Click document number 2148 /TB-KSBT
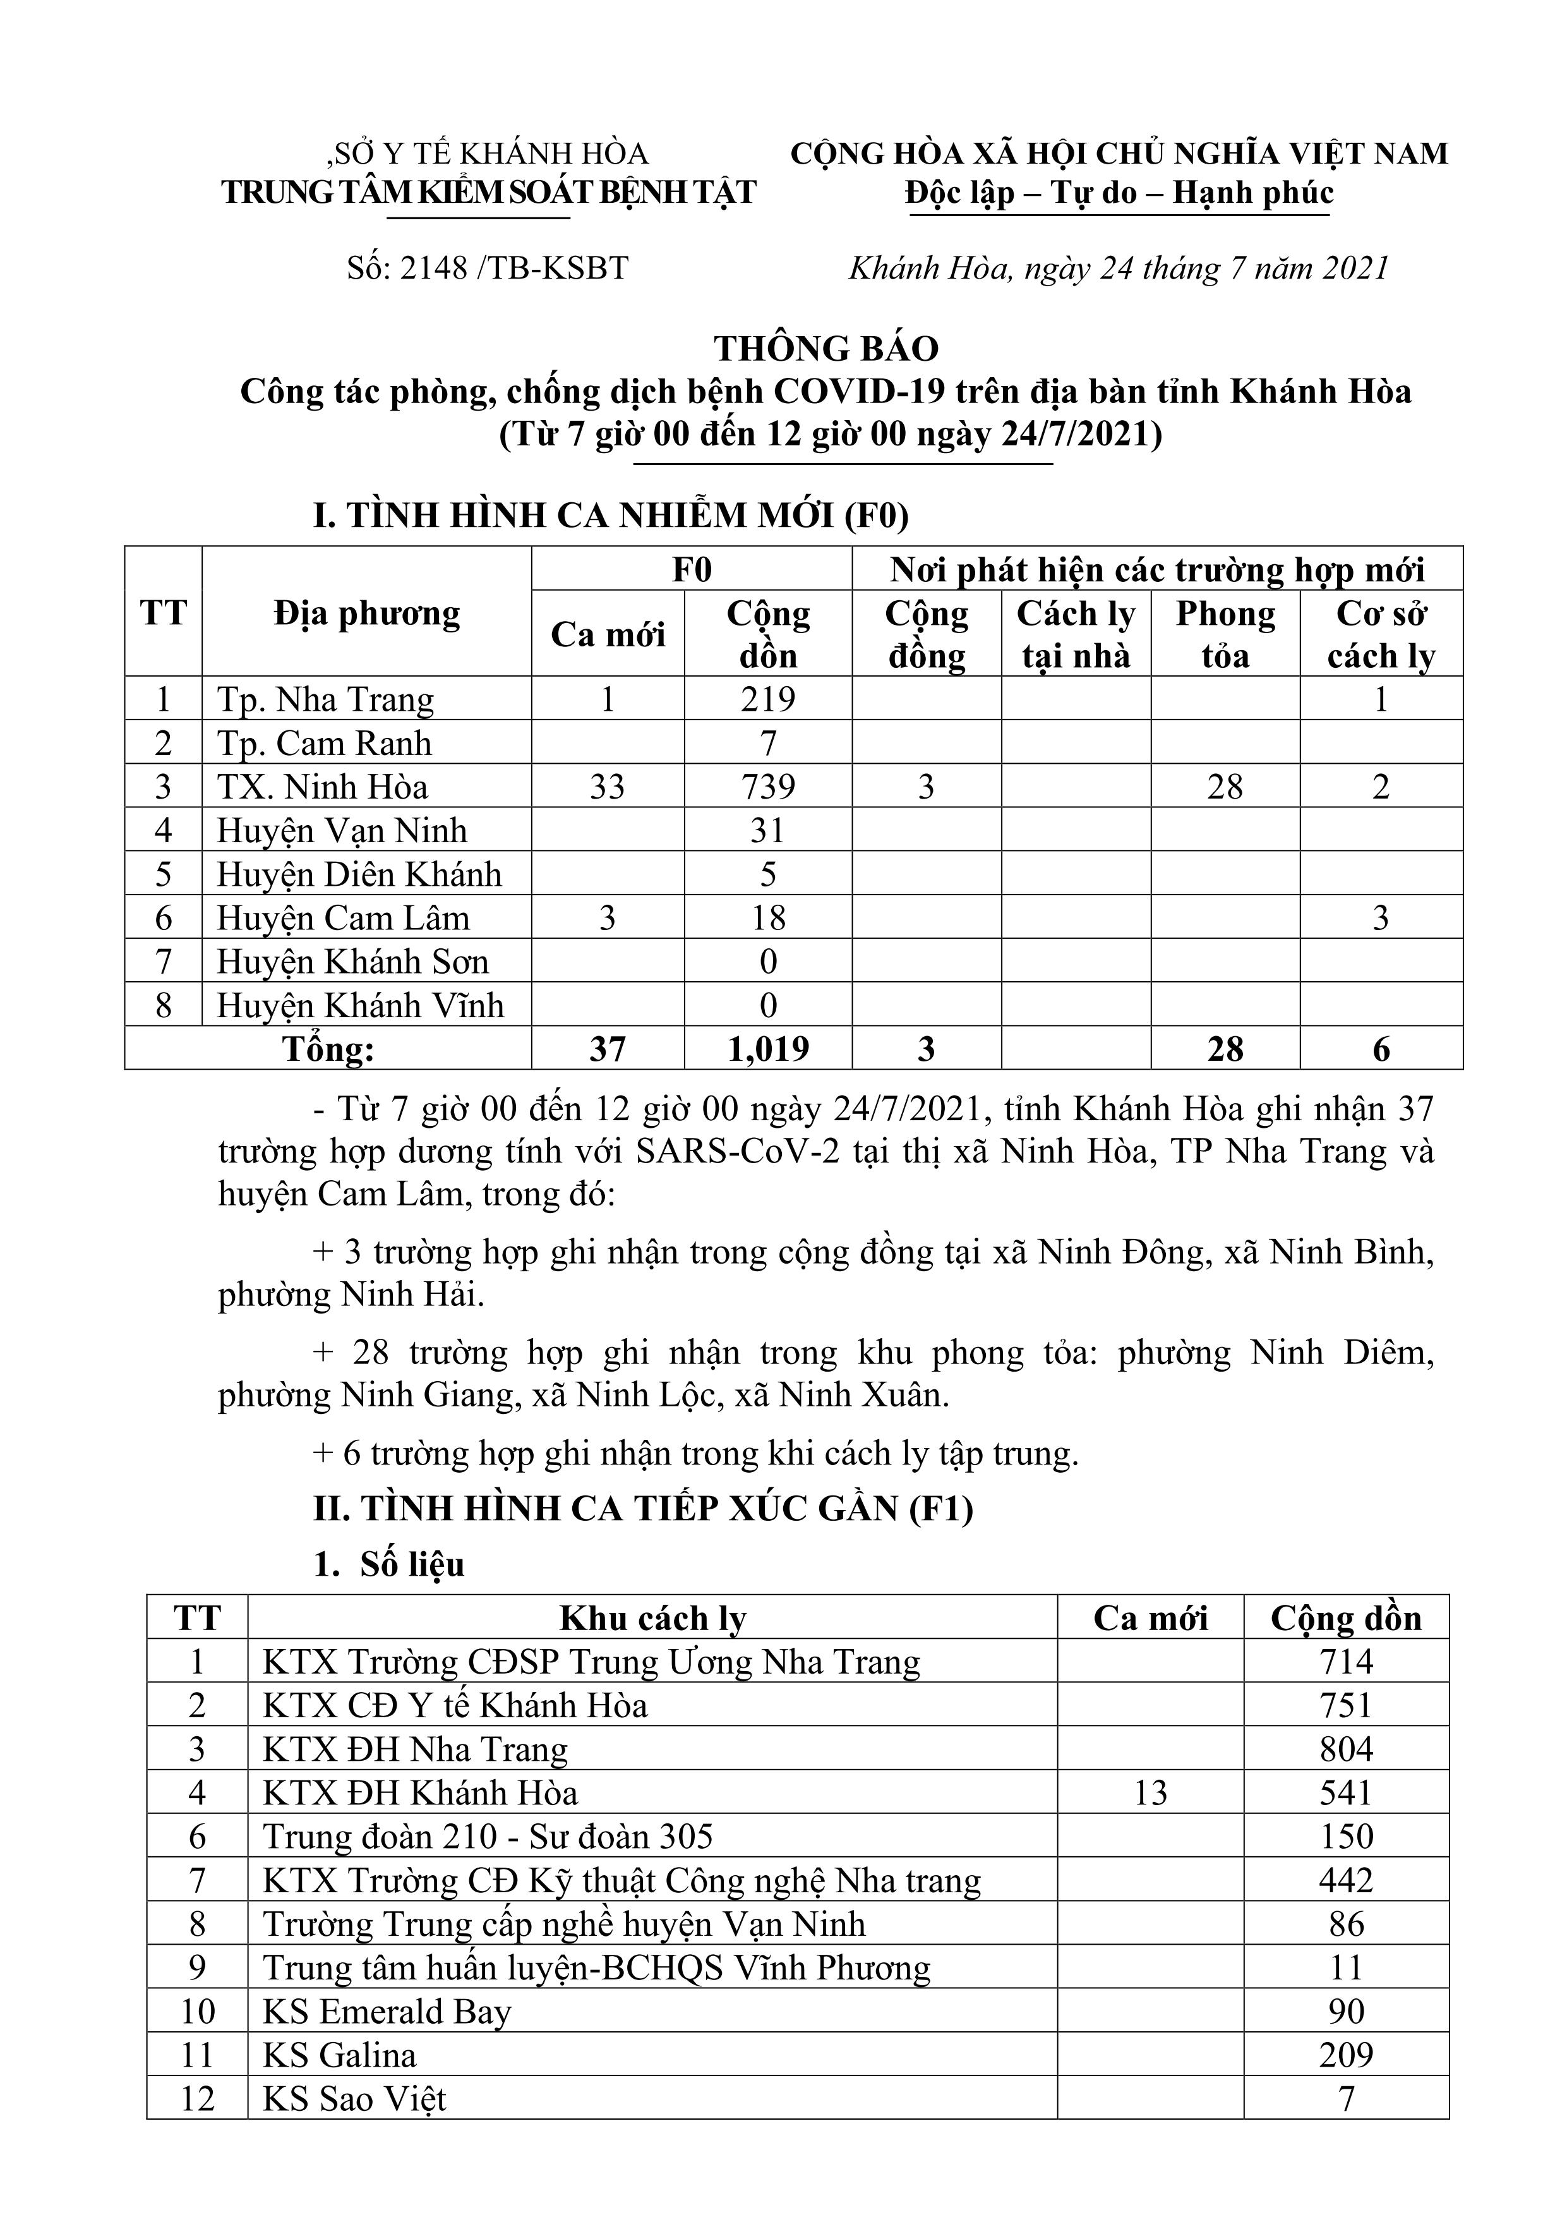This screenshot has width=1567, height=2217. (488, 267)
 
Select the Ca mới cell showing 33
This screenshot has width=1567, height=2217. (608, 787)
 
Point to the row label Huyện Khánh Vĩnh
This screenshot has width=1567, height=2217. (360, 1005)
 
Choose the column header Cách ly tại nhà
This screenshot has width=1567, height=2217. (1076, 634)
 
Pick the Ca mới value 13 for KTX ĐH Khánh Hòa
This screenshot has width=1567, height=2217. (1150, 1793)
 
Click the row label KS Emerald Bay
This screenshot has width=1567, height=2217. (386, 2011)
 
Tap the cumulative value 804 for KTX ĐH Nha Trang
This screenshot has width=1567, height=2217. (1346, 1749)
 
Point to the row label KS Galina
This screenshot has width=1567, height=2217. (339, 2055)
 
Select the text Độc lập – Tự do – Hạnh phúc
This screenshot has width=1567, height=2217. (1119, 193)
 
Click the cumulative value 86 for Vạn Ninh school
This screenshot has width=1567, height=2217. (1346, 1924)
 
